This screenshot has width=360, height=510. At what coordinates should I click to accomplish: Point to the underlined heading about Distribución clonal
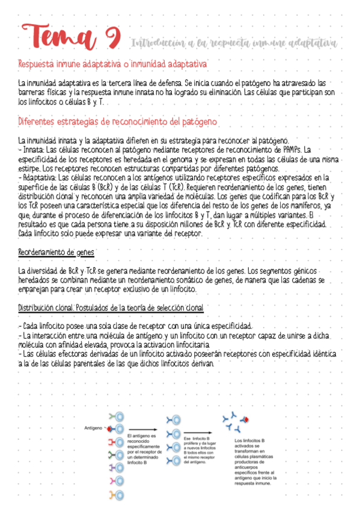tap(111, 307)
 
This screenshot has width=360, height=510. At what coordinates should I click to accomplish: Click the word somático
tap(191, 280)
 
